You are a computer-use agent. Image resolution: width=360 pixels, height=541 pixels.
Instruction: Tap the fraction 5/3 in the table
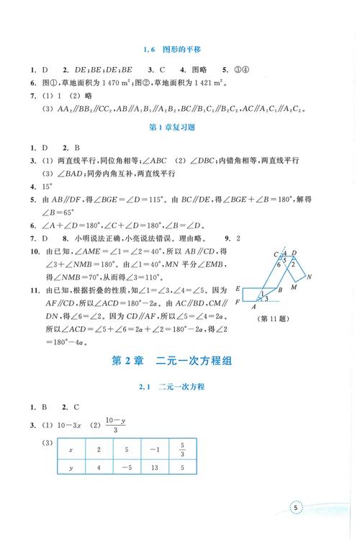(183, 448)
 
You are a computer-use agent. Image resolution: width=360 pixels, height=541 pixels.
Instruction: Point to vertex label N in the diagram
(310, 276)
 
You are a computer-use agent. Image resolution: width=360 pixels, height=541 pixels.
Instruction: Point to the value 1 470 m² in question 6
(112, 84)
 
